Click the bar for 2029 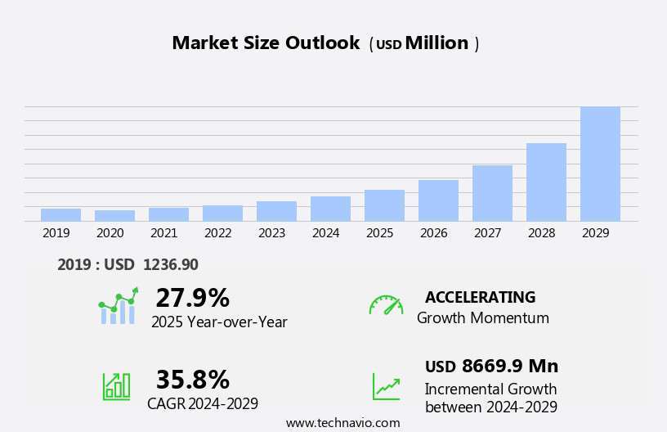pos(600,164)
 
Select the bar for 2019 pos(60,215)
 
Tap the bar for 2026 pos(438,200)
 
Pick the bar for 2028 pos(546,182)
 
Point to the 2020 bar pos(114,216)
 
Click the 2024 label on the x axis pos(325,233)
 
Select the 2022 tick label pos(217,233)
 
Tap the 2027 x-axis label pos(487,233)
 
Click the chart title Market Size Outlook pos(266,43)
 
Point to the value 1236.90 pos(170,265)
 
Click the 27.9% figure pos(192,298)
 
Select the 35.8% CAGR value pos(192,380)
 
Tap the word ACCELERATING pos(480,298)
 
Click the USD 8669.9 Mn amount pos(491,367)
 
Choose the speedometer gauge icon pos(386,305)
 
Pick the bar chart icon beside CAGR pos(116,385)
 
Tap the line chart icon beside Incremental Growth pos(386,386)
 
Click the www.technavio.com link pos(342,423)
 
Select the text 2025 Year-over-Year pos(219,322)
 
